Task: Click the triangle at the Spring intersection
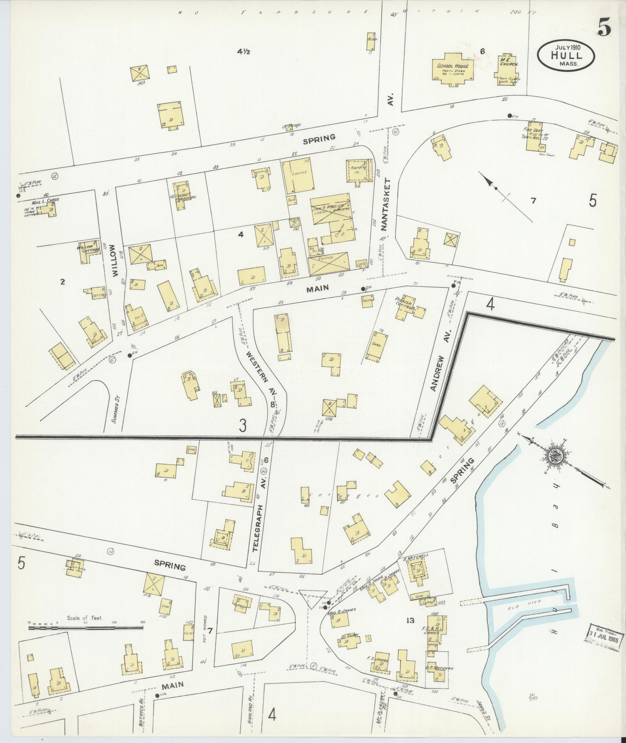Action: (x=312, y=602)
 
